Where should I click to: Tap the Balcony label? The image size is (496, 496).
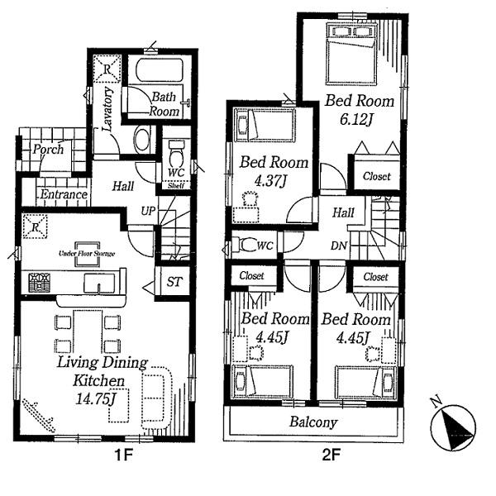click(313, 422)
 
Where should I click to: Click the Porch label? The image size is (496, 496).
click(48, 150)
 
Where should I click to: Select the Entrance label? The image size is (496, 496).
click(64, 194)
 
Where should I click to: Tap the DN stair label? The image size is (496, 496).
click(338, 246)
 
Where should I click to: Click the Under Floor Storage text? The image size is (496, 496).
click(86, 253)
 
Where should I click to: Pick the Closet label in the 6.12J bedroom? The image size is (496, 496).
click(376, 177)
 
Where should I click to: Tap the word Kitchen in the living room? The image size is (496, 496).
click(90, 381)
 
